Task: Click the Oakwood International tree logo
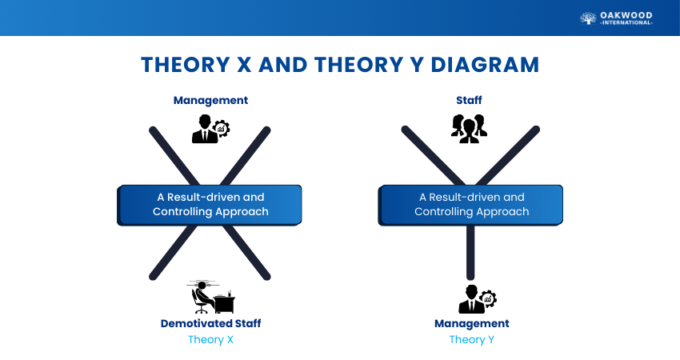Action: tap(588, 18)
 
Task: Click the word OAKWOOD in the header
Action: tap(626, 16)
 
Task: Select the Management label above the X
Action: tap(210, 100)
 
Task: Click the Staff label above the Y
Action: tap(469, 100)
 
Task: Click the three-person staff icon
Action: tap(469, 128)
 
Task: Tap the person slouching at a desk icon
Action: tap(210, 297)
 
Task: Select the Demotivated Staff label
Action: tap(210, 323)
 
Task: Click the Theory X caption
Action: tap(210, 340)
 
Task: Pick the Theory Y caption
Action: tap(472, 340)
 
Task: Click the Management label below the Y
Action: tap(472, 323)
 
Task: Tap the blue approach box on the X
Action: tap(210, 205)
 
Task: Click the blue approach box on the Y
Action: tap(470, 205)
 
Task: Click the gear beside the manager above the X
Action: tap(221, 128)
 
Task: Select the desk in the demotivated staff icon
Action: tap(225, 303)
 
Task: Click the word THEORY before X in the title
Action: tap(186, 65)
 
